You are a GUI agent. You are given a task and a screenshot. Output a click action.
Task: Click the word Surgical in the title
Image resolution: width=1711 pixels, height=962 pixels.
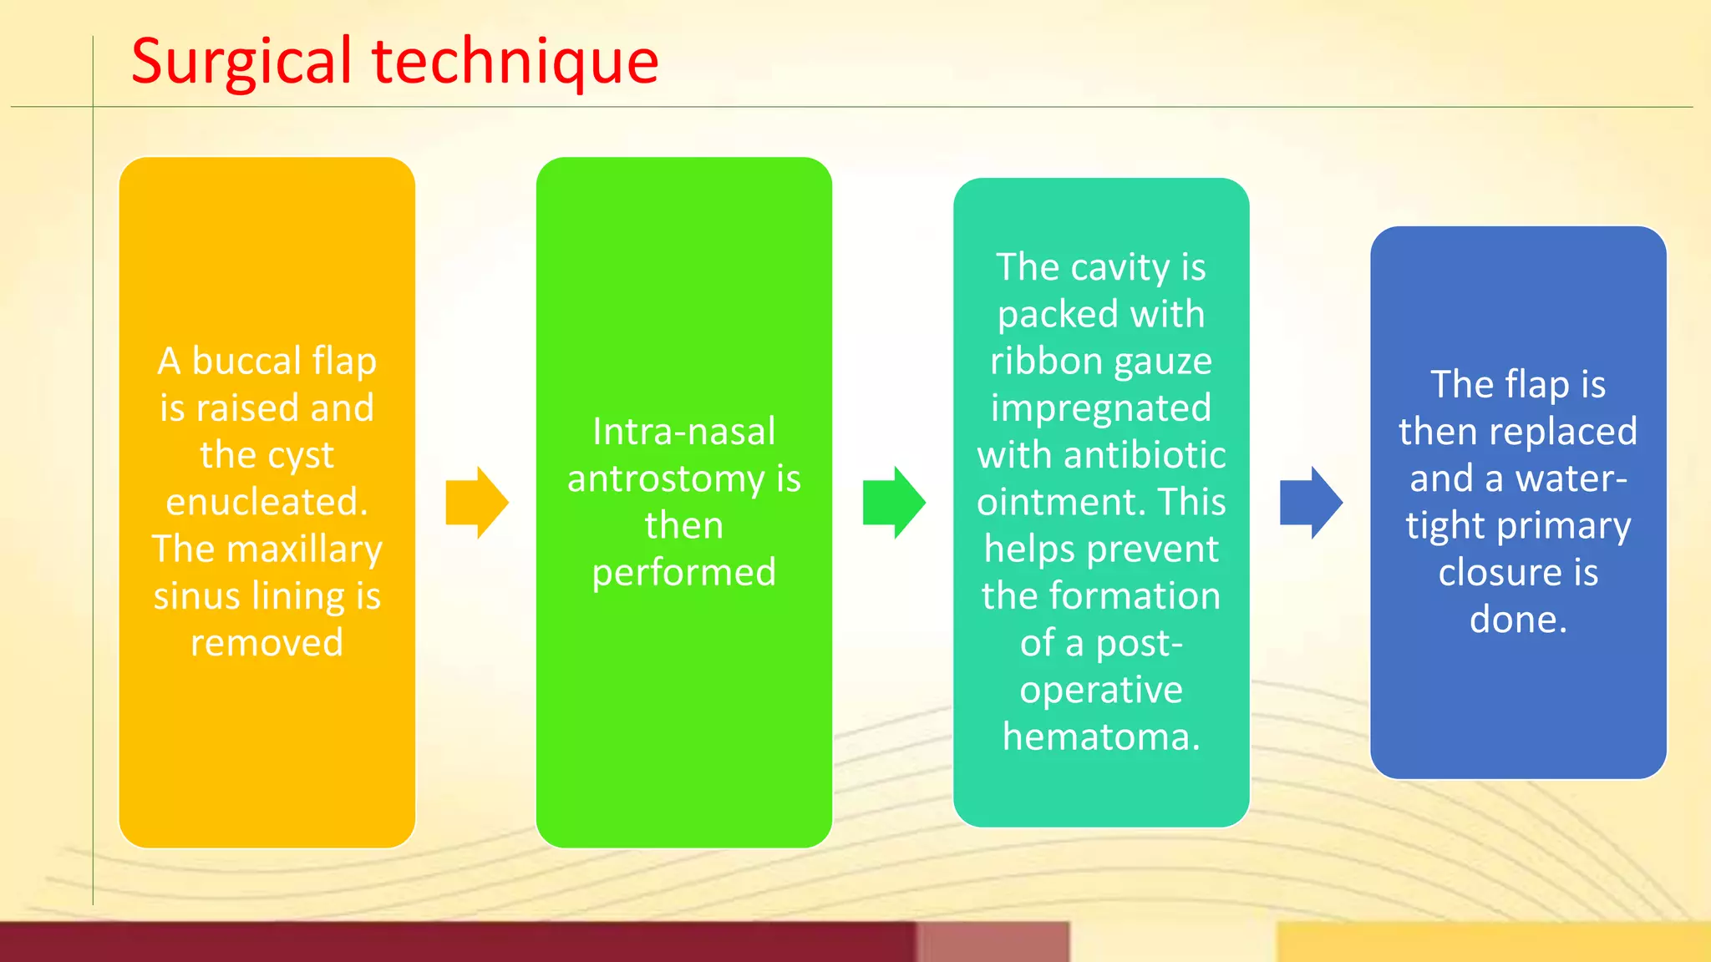point(242,63)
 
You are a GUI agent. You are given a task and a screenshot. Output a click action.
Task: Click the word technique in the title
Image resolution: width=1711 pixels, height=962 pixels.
point(515,63)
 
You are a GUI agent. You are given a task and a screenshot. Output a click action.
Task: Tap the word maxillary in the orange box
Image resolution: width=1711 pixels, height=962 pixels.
point(304,549)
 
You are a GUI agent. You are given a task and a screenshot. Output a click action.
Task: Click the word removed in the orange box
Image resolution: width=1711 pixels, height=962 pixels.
point(267,643)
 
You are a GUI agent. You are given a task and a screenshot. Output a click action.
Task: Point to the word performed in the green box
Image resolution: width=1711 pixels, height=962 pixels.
point(683,573)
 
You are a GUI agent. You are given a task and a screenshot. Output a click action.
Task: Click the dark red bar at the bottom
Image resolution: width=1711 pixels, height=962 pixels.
point(459,942)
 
